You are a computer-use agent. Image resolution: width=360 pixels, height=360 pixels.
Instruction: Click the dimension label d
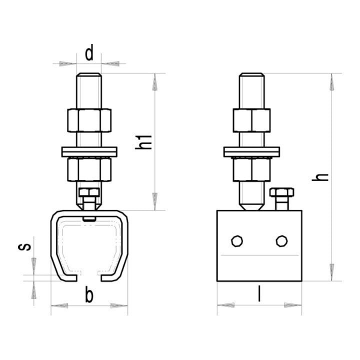[x=89, y=52]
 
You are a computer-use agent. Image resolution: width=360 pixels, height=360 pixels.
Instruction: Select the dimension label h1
[x=143, y=142]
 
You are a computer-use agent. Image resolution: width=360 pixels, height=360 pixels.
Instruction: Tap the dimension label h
[x=320, y=177]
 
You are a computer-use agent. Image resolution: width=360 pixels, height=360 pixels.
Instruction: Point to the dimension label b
[x=89, y=294]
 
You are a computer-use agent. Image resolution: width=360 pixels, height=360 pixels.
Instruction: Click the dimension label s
[x=24, y=246]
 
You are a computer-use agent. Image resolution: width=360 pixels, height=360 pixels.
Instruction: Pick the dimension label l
[x=259, y=293]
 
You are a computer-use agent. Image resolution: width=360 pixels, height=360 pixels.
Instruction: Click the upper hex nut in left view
[x=89, y=120]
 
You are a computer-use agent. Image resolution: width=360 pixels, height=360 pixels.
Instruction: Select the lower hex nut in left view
[x=89, y=169]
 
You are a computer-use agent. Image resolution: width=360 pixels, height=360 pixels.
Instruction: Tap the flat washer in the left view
[x=89, y=152]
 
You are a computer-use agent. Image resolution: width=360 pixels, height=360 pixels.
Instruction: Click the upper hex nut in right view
[x=251, y=120]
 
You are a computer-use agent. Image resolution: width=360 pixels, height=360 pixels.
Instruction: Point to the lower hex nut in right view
[x=251, y=169]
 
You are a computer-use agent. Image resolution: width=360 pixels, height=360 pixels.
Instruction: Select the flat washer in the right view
[x=251, y=152]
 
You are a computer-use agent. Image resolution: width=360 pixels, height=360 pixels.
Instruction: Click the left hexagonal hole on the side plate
[x=237, y=241]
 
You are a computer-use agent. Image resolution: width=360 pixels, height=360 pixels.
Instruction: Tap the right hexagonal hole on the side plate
[x=281, y=241]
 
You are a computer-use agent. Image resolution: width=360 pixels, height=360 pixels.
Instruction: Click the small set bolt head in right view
[x=282, y=192]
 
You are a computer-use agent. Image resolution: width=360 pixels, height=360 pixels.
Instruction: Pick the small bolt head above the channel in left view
[x=89, y=192]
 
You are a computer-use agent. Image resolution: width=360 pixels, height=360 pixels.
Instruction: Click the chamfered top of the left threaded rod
[x=89, y=75]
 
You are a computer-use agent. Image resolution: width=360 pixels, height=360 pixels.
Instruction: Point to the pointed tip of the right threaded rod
[x=251, y=207]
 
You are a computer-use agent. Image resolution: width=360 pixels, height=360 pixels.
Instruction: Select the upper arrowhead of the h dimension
[x=332, y=82]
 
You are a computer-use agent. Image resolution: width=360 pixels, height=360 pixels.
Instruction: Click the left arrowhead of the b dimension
[x=59, y=305]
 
